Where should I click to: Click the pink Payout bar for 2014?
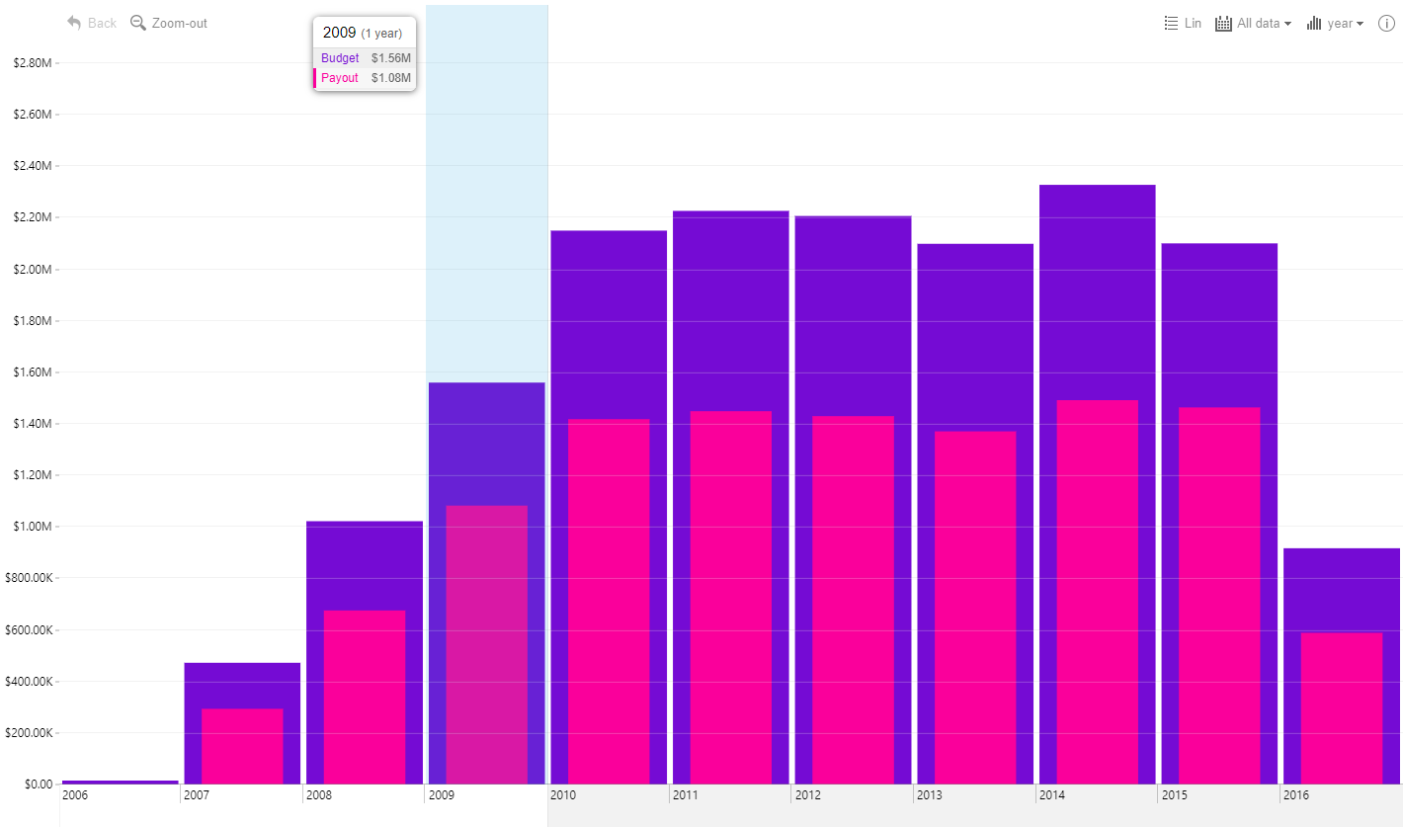(x=1097, y=593)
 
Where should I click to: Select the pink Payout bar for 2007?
(x=242, y=746)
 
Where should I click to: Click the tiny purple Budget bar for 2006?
(x=120, y=782)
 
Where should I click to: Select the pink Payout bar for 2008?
(x=364, y=698)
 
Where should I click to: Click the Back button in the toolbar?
(x=92, y=23)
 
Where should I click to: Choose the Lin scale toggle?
(x=1183, y=23)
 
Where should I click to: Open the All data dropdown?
(x=1253, y=23)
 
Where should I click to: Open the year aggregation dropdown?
(x=1335, y=23)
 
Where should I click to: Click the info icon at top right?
(x=1386, y=23)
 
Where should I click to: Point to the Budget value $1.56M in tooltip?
(x=390, y=58)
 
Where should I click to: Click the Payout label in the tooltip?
(x=340, y=78)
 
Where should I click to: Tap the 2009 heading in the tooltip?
(x=339, y=33)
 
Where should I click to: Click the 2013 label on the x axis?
(x=929, y=794)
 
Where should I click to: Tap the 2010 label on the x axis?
(x=563, y=794)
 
